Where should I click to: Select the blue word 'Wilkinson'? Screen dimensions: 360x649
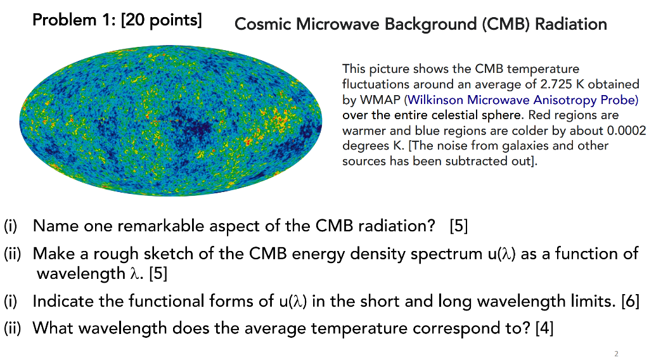coord(435,100)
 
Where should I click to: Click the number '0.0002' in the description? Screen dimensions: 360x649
coord(626,131)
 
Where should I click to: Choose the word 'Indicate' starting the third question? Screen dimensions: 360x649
coord(63,300)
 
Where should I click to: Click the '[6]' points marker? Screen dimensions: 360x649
coord(630,300)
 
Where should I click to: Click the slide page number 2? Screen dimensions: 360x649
coord(615,353)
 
